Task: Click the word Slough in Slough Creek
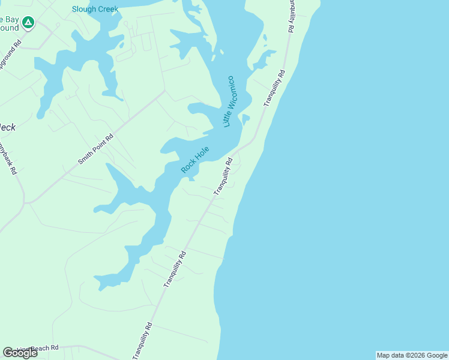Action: click(83, 9)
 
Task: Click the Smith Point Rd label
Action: click(96, 150)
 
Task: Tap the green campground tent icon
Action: click(28, 23)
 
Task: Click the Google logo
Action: click(20, 352)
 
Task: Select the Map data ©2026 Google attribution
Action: click(412, 355)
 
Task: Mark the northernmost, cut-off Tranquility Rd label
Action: click(291, 15)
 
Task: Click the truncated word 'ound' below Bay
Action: click(8, 28)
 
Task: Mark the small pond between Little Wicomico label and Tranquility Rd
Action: click(246, 118)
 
